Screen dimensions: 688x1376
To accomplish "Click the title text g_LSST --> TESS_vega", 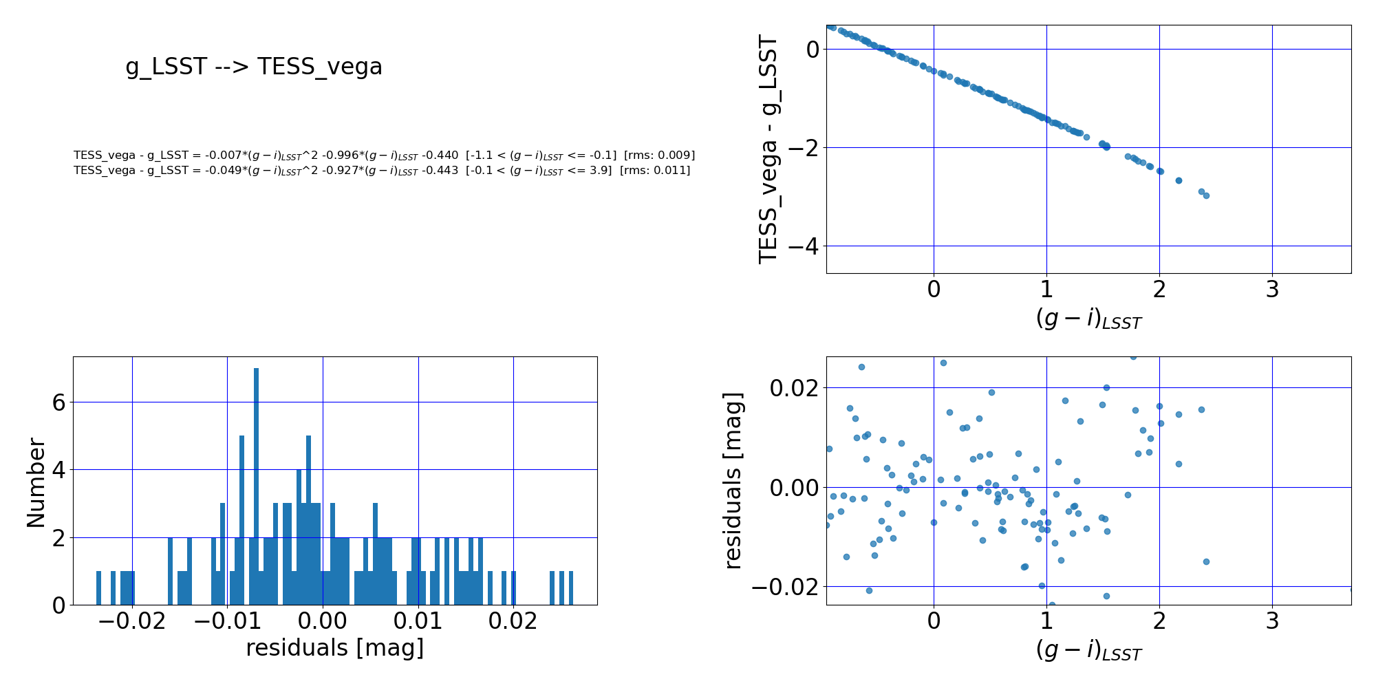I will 254,67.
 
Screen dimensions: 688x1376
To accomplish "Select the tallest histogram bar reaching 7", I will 256,486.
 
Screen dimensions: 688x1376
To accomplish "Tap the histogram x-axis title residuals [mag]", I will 334,648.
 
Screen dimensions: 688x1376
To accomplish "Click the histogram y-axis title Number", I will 36,483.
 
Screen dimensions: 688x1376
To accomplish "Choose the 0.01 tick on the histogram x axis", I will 418,622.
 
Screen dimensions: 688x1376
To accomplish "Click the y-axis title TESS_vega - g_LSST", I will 768,149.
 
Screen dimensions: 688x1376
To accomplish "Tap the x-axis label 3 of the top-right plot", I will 1272,290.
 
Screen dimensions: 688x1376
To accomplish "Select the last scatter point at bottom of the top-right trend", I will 1206,195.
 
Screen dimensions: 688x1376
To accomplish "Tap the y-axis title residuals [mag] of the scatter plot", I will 733,480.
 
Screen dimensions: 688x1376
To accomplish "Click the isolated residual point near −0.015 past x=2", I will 1206,561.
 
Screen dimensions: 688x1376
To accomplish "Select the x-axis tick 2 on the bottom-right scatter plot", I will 1159,622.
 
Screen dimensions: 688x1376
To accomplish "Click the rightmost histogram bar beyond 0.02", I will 571,588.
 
